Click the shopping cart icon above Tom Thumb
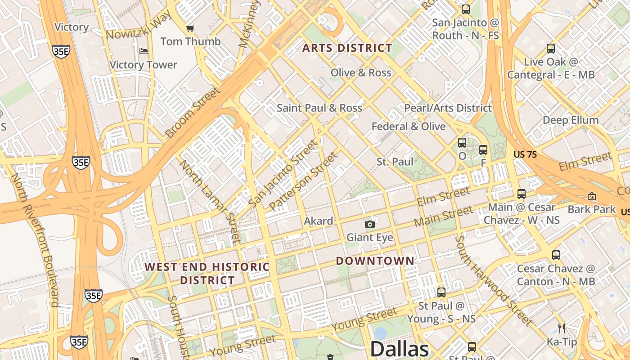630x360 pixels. (x=190, y=28)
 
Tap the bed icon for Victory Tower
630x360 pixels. (x=144, y=51)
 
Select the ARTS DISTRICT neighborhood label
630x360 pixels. (x=347, y=48)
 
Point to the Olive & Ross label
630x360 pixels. (x=360, y=73)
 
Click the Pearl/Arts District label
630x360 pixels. (x=448, y=108)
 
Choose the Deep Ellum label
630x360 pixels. (x=570, y=120)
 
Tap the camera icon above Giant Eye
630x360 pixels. (x=369, y=224)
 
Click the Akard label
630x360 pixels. (x=319, y=221)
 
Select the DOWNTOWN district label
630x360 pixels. (x=375, y=261)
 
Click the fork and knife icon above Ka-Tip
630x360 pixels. (x=561, y=328)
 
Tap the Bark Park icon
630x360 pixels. (x=591, y=196)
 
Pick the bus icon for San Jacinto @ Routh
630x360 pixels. (x=466, y=9)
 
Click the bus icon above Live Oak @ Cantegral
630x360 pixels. (x=550, y=49)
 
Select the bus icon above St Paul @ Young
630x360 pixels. (x=441, y=292)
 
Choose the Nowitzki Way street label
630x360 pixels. (x=139, y=26)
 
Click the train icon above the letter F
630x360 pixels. (x=483, y=150)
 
